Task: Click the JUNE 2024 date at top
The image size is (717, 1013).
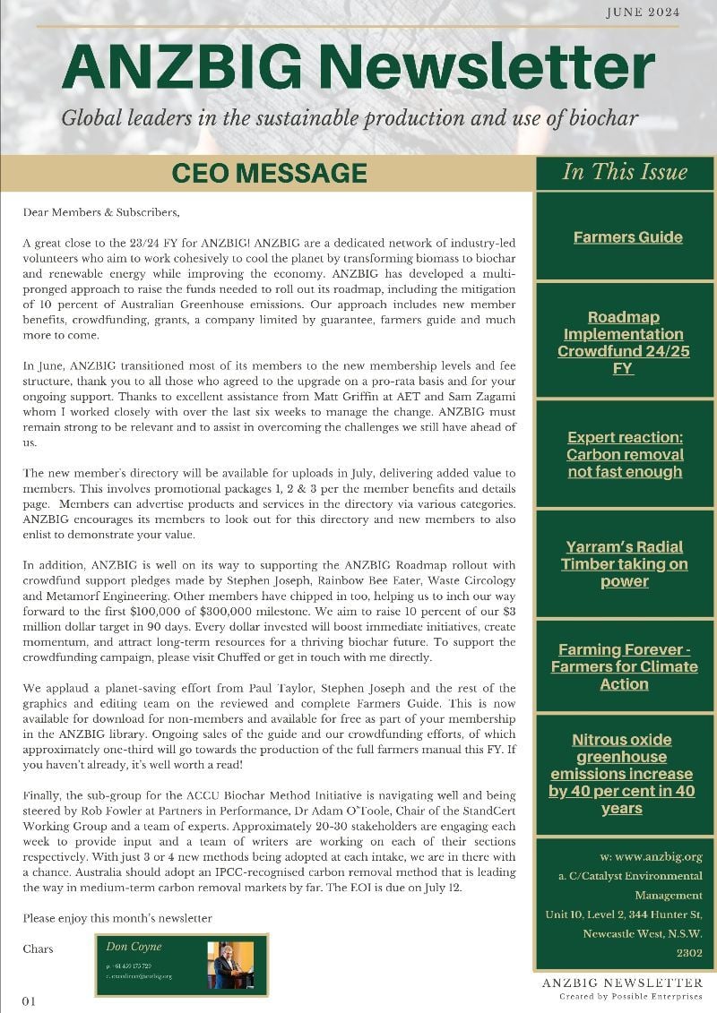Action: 642,12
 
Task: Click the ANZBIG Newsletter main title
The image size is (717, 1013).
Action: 358,66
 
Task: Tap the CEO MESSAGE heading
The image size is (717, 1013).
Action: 268,173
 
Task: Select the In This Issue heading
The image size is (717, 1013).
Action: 624,172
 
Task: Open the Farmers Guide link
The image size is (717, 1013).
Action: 627,237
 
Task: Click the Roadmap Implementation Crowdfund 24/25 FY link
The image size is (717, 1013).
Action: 624,342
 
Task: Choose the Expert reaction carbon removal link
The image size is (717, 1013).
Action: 625,454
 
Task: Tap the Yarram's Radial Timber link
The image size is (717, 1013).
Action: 625,563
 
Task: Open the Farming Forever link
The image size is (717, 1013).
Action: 624,666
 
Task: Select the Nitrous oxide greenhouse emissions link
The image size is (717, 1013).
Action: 622,774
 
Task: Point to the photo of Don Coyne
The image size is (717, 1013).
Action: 230,965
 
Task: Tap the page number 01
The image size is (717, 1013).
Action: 29,1000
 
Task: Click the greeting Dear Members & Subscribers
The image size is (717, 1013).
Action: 101,212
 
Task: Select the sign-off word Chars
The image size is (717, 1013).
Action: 38,949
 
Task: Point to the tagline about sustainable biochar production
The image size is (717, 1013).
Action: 350,117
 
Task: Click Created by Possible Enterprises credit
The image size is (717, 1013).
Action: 630,996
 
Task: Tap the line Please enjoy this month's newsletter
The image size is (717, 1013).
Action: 117,918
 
